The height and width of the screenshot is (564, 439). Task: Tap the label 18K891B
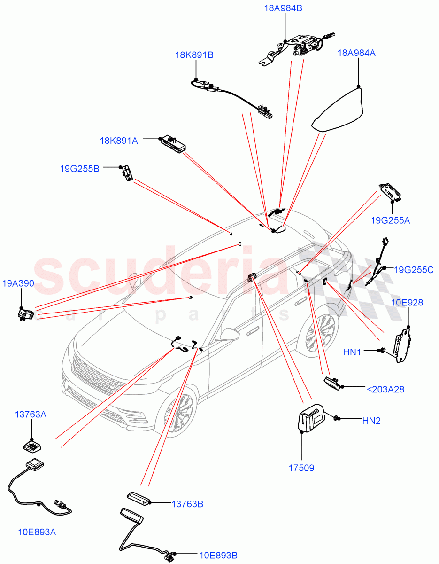[x=194, y=55]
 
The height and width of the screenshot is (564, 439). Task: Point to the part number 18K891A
[x=119, y=140]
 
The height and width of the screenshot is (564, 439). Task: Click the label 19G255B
[x=79, y=168]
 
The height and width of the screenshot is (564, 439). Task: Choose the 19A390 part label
[x=18, y=283]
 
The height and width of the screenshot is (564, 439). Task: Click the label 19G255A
[x=390, y=220]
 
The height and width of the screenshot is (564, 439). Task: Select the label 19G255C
[x=413, y=270]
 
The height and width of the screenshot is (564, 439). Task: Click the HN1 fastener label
[x=353, y=351]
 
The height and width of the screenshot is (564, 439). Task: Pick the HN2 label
[x=371, y=421]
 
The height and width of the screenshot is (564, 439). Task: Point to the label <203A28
[x=385, y=389]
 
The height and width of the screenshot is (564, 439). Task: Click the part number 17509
[x=301, y=468]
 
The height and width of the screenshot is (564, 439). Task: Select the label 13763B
[x=187, y=504]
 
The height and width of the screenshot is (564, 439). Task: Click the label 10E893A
[x=38, y=532]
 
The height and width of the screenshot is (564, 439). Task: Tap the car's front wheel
[x=177, y=414]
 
